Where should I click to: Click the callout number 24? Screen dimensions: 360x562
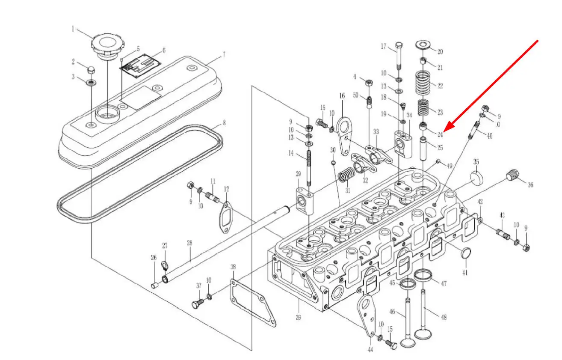(440, 134)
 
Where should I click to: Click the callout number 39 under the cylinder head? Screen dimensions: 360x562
(298, 317)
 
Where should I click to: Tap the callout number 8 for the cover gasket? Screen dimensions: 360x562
(224, 123)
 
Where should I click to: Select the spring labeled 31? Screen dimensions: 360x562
(348, 175)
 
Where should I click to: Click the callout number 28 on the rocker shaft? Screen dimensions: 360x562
(189, 243)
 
